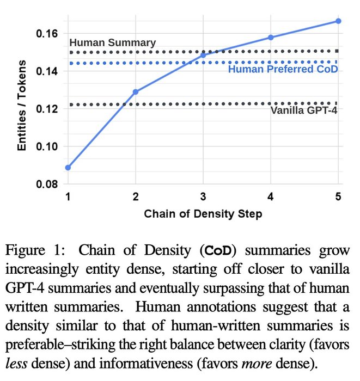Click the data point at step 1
tap(68, 168)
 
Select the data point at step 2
tap(136, 92)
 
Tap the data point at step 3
tap(203, 55)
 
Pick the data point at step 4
tap(271, 38)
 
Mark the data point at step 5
tap(338, 21)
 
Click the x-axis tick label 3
tap(203, 196)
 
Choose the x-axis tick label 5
tap(338, 196)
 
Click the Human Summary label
tap(113, 43)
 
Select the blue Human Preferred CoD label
tap(283, 70)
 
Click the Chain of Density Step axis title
tap(203, 214)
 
